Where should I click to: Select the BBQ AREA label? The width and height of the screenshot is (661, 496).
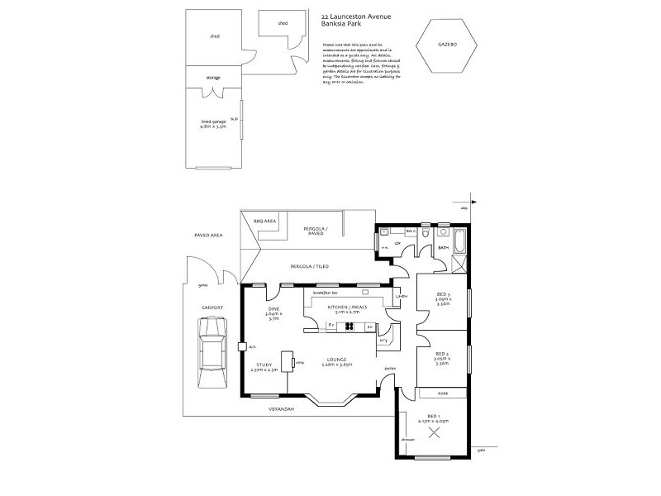264,222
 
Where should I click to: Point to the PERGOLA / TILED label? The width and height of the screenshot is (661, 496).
307,267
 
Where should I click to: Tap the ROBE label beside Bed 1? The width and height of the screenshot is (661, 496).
442,393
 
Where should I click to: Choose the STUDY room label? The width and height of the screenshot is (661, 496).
264,366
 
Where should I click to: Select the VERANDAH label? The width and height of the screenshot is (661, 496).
282,408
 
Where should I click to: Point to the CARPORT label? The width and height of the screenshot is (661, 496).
212,308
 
